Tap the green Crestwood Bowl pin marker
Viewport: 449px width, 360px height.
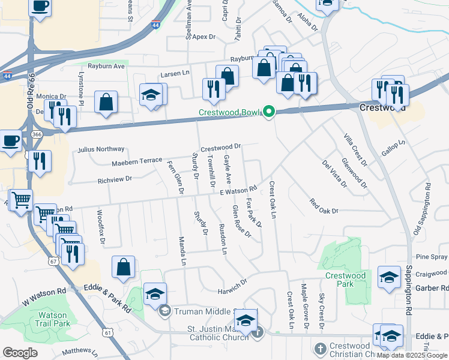coord(270,112)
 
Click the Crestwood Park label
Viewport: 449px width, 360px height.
coord(345,280)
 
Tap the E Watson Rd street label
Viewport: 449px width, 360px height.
coord(238,191)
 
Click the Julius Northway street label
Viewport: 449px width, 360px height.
coord(101,149)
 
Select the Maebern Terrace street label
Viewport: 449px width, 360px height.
coord(137,162)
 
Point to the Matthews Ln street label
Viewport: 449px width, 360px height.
coord(76,350)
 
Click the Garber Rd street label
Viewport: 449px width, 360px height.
coord(432,287)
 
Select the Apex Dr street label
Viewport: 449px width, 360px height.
coord(203,37)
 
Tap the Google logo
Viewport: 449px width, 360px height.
coord(20,353)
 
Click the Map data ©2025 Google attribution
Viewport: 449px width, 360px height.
coord(412,355)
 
